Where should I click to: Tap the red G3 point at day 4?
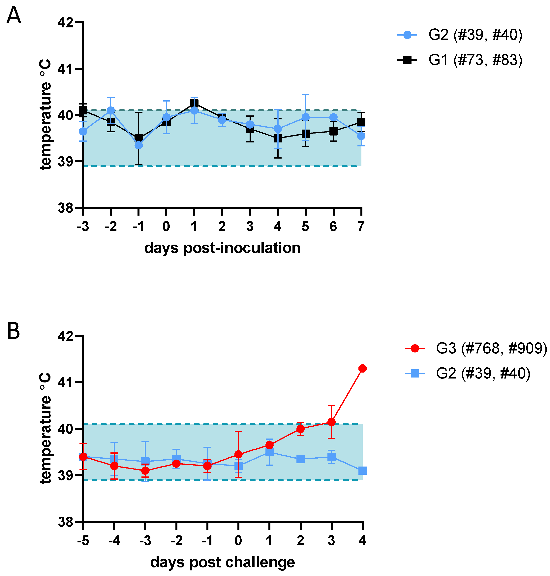pyautogui.click(x=363, y=368)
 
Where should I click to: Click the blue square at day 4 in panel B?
pyautogui.click(x=363, y=471)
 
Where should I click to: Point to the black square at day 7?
pyautogui.click(x=361, y=122)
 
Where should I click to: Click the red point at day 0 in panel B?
pyautogui.click(x=238, y=454)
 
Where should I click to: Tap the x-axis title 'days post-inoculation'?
pyautogui.click(x=223, y=248)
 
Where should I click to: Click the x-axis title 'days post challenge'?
pyautogui.click(x=223, y=562)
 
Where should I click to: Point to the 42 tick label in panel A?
pyautogui.click(x=65, y=23)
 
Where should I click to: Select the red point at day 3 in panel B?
pyautogui.click(x=331, y=422)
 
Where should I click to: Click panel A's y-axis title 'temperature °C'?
pyautogui.click(x=46, y=114)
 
